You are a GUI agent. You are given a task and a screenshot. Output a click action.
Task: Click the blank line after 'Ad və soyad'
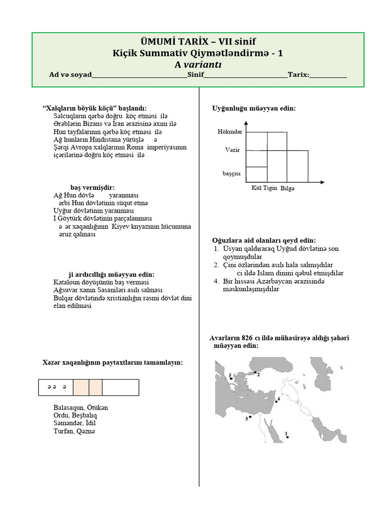139,75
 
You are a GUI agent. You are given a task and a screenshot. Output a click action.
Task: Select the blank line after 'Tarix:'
328,75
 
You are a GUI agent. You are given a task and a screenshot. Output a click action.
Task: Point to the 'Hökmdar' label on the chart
230,132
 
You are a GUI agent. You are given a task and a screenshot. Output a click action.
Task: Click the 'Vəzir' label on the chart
232,150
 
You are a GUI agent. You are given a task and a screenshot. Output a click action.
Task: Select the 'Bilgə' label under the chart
287,188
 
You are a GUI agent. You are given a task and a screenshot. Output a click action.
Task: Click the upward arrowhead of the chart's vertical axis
246,123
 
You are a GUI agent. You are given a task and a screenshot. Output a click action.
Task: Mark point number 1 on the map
287,437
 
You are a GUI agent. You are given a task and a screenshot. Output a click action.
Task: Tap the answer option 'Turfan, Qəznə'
74,431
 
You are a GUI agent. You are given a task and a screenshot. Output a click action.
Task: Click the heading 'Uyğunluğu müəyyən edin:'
253,109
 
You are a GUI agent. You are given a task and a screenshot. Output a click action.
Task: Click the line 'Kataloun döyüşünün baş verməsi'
101,282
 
